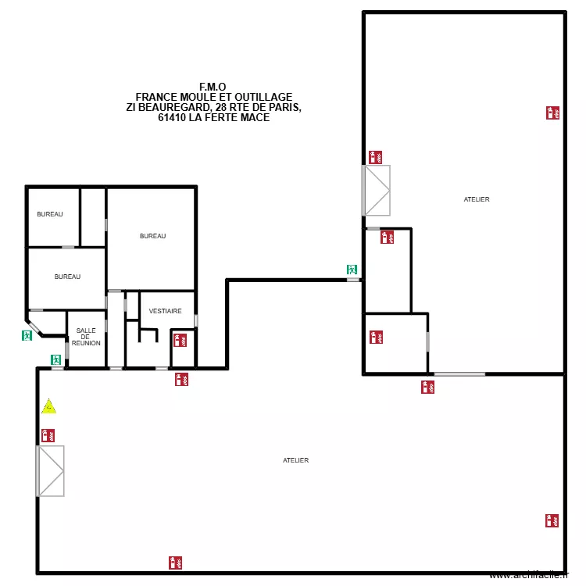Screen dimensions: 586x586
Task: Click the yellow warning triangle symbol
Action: tap(49, 406)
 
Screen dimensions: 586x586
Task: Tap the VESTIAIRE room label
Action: tap(165, 311)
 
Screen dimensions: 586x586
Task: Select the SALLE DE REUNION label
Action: tap(86, 337)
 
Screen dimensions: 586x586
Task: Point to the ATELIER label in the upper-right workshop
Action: tap(477, 200)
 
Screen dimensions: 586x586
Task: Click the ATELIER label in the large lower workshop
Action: tap(296, 461)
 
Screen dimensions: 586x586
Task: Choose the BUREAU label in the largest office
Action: tap(152, 236)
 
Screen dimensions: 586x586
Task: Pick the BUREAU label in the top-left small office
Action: tap(50, 214)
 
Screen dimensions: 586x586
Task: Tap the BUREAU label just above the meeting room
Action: tap(67, 277)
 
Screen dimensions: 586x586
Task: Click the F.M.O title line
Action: tap(213, 87)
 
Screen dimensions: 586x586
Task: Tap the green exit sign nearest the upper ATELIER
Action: tap(352, 270)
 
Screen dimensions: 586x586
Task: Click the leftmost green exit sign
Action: tap(27, 335)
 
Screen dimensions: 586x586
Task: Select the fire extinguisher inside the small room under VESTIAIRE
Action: tap(179, 340)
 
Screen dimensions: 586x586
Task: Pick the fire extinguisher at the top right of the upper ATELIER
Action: tap(552, 113)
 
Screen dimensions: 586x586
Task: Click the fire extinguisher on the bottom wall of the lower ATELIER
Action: tap(175, 562)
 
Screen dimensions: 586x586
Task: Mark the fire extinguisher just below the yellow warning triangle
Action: tap(47, 435)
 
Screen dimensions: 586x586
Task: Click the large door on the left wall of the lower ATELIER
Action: tap(51, 470)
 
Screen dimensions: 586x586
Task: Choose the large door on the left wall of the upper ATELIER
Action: tap(377, 190)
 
